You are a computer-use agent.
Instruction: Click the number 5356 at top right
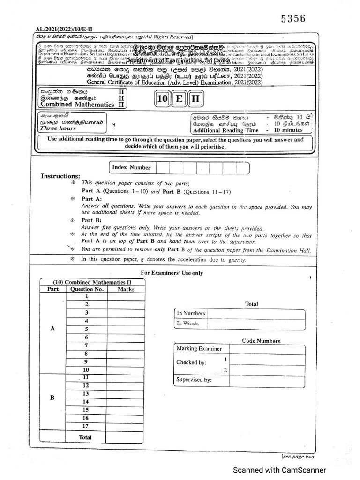point(293,19)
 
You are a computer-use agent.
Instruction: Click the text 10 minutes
point(290,130)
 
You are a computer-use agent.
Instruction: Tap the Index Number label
point(132,167)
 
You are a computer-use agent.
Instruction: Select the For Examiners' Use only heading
point(172,273)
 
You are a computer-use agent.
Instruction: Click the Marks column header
point(126,289)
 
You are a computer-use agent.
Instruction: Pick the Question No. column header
point(86,289)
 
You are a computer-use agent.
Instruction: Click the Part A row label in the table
point(52,329)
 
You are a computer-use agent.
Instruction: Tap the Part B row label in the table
point(52,397)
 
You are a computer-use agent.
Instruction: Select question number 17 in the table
point(86,426)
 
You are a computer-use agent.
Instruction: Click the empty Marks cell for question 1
point(126,297)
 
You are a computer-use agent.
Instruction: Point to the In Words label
point(187,323)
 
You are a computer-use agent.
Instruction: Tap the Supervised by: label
point(194,380)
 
